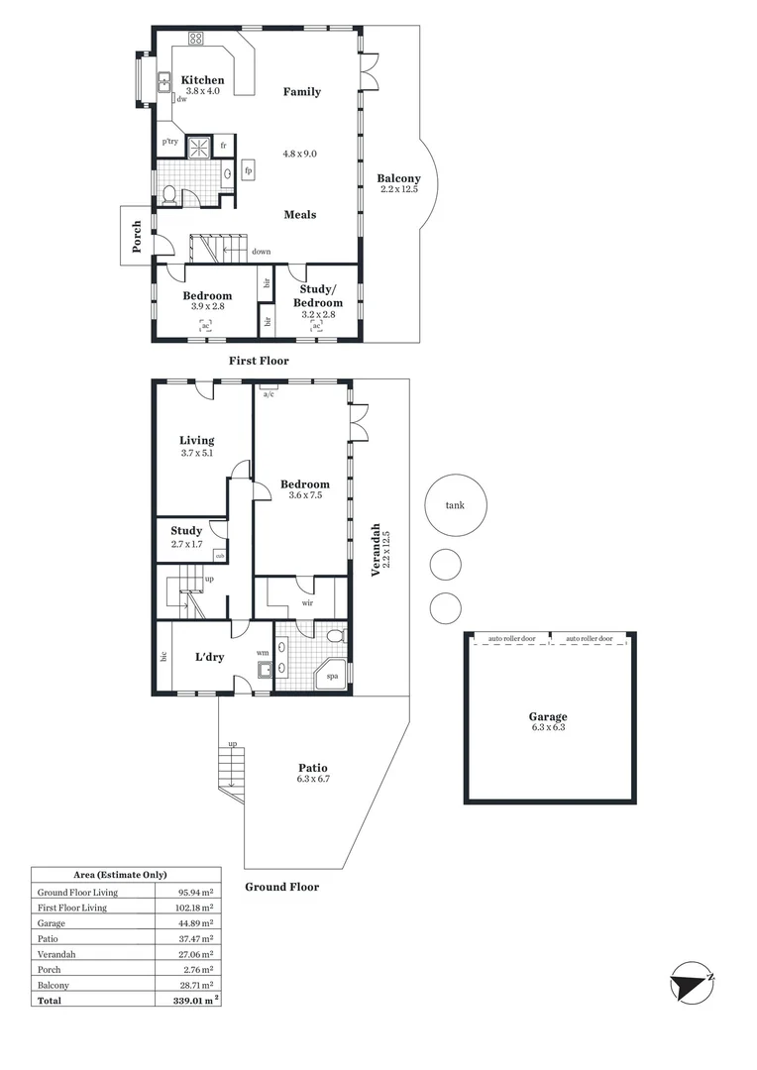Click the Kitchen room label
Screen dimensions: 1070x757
tap(202, 80)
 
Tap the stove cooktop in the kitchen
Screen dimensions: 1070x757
tap(196, 40)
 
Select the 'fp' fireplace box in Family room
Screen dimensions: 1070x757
tap(248, 170)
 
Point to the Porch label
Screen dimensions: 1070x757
tap(136, 236)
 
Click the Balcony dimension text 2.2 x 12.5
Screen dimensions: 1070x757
tap(399, 189)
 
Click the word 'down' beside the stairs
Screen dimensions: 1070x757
tap(261, 252)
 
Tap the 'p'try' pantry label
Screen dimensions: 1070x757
tap(170, 142)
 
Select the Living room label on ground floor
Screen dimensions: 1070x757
tap(196, 441)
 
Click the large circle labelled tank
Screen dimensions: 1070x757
tap(455, 505)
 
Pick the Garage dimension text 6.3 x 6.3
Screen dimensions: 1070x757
tap(548, 727)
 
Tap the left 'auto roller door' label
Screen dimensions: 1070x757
tap(512, 639)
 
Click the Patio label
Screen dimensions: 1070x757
tap(312, 768)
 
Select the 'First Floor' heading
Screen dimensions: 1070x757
tap(259, 361)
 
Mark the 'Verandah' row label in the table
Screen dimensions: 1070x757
tap(57, 954)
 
